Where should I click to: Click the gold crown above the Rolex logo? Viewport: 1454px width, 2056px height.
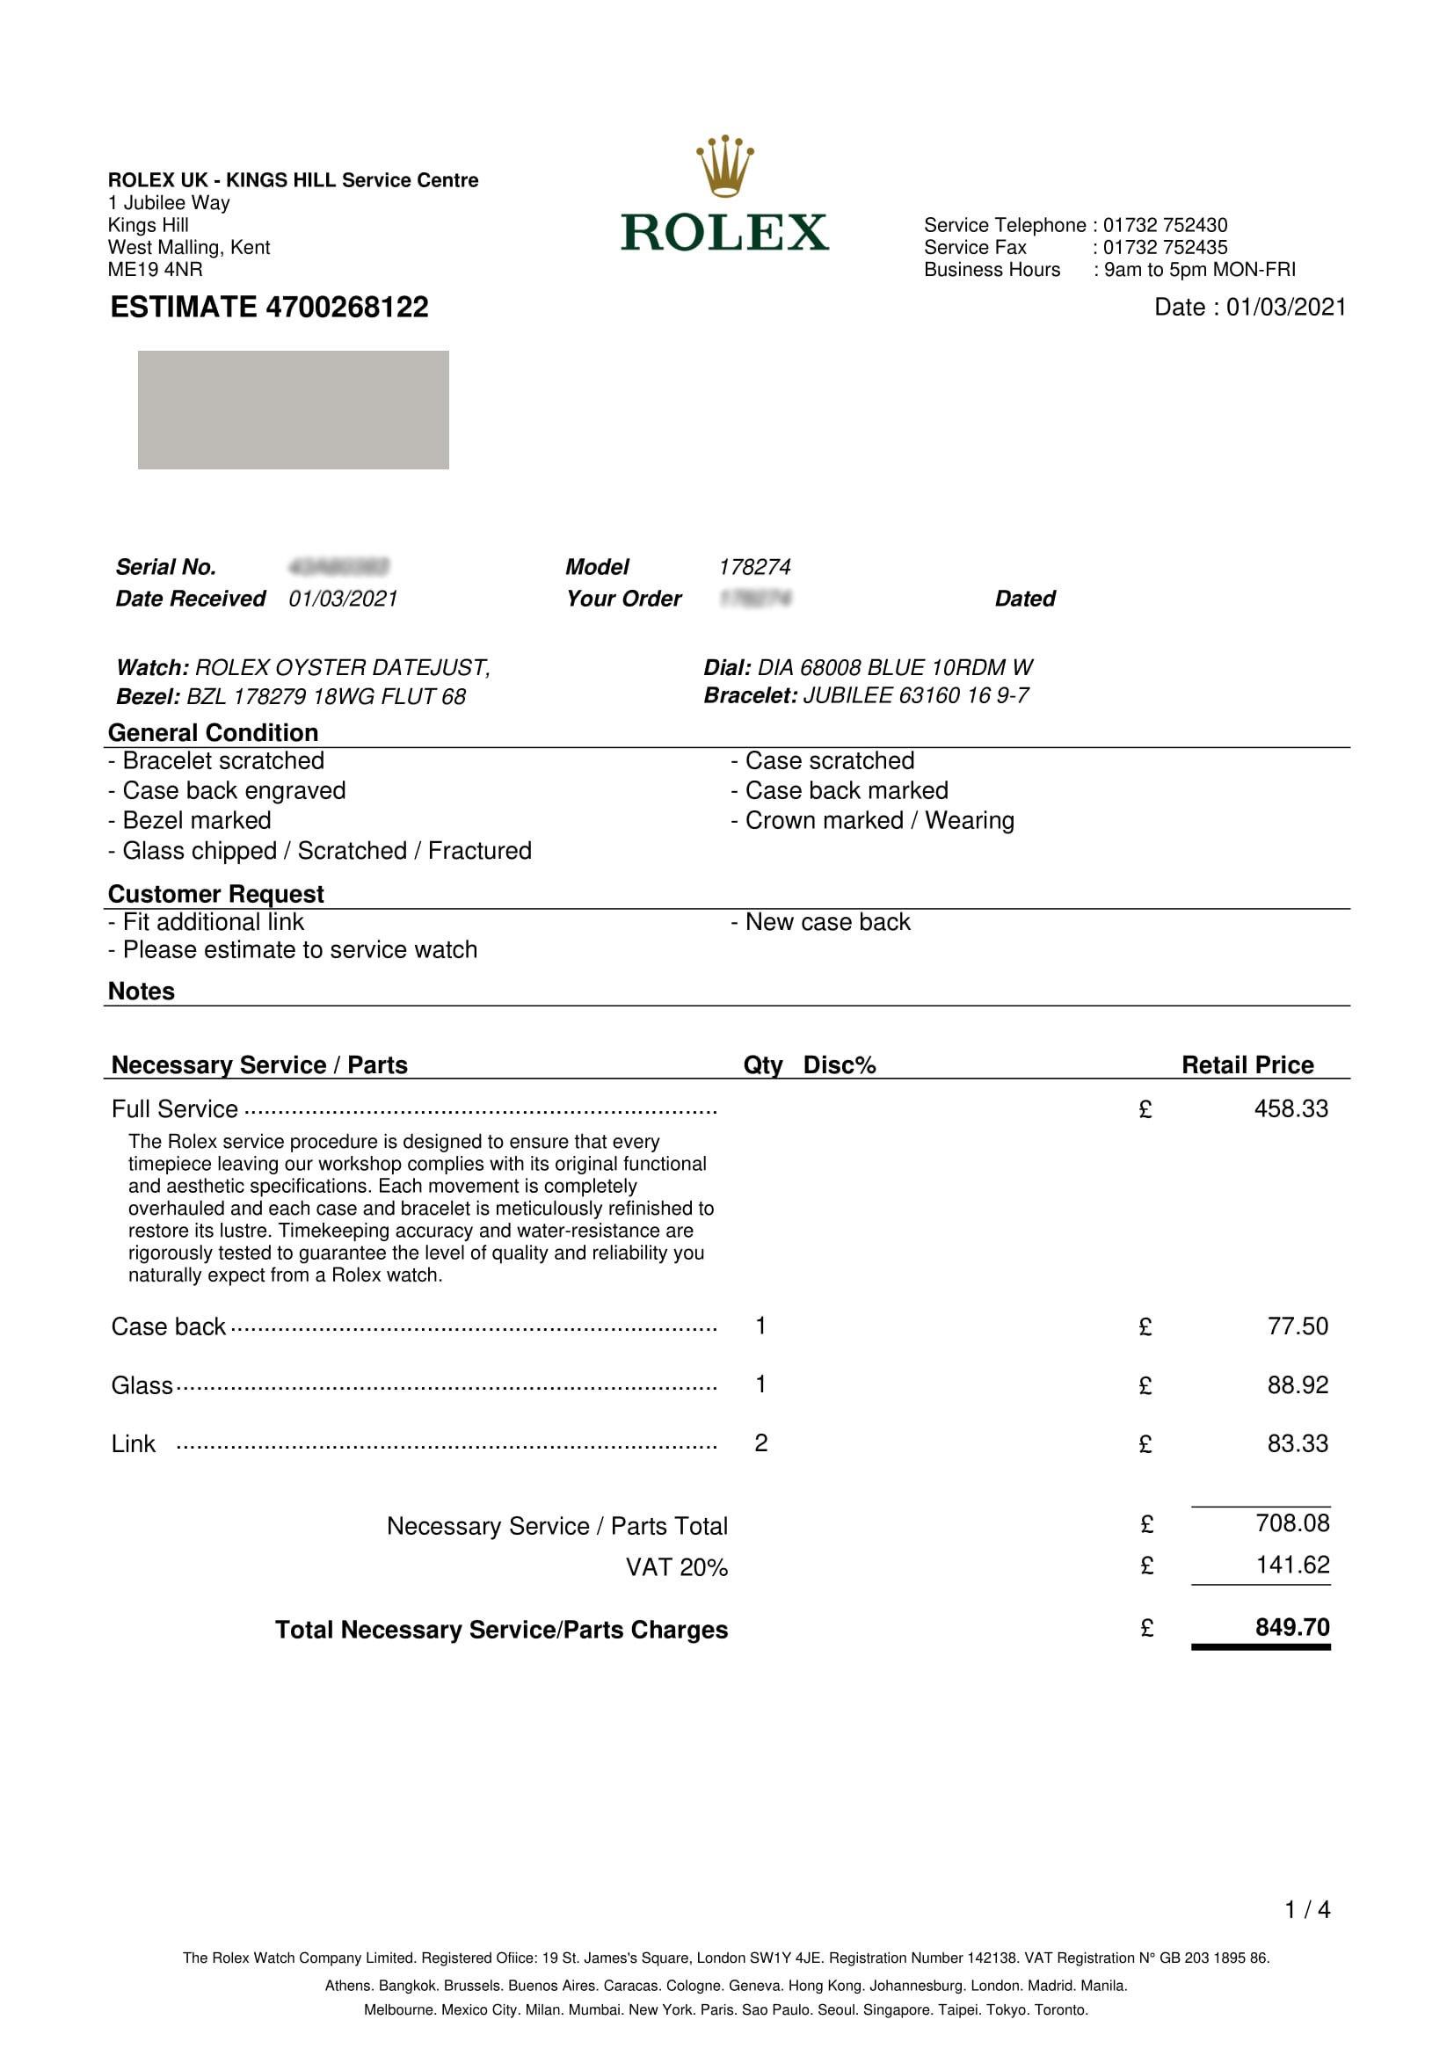click(x=724, y=165)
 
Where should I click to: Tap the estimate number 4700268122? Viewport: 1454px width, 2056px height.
click(x=346, y=307)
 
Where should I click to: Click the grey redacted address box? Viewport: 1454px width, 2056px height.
click(x=293, y=410)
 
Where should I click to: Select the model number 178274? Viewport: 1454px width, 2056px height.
click(x=754, y=567)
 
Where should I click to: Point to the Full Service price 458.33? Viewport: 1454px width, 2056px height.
click(x=1291, y=1108)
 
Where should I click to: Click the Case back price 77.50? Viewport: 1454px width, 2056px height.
click(x=1298, y=1326)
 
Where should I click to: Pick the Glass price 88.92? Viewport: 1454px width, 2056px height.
click(x=1298, y=1385)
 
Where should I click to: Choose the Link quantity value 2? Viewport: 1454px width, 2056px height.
click(x=761, y=1442)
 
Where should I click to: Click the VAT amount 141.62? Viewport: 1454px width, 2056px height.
click(x=1292, y=1565)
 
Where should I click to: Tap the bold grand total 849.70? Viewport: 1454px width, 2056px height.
click(x=1292, y=1626)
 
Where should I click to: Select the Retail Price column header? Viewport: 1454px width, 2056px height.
click(x=1247, y=1064)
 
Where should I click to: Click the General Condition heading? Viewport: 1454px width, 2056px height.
click(x=213, y=732)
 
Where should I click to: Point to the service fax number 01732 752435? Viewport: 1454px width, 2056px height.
click(x=1165, y=247)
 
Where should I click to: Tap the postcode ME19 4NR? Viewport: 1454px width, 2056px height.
click(x=155, y=270)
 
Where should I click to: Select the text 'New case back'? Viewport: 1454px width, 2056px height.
click(x=827, y=922)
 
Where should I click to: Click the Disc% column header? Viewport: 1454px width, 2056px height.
click(x=839, y=1064)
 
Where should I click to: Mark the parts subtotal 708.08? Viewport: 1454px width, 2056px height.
click(x=1292, y=1523)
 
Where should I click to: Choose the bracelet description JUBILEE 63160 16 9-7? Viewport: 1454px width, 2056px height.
click(x=915, y=696)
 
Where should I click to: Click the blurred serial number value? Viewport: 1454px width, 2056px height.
click(x=338, y=567)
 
